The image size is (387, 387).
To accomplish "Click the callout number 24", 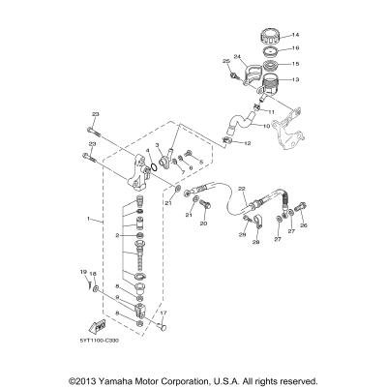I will tap(236, 56).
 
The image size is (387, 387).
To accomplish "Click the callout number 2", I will tap(117, 235).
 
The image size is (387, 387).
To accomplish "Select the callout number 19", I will tap(83, 272).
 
